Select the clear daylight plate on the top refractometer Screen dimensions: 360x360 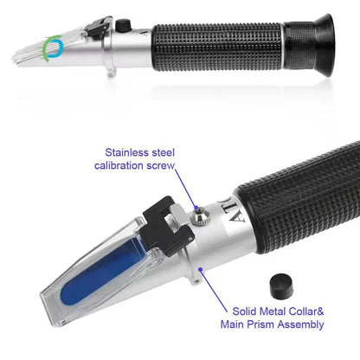pyautogui.click(x=39, y=53)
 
